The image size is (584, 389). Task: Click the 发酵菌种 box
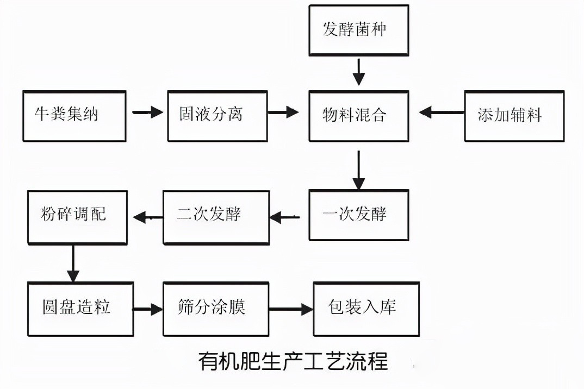point(358,29)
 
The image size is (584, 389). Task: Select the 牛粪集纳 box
point(74,115)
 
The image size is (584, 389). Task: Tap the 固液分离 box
point(218,115)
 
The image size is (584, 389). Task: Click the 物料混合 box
point(358,115)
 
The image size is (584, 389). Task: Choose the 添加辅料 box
point(514,115)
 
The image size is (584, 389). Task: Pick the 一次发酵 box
point(358,215)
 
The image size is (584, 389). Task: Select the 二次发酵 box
point(216,217)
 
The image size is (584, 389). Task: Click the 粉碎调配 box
point(77,216)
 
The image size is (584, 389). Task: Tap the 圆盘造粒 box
point(80,308)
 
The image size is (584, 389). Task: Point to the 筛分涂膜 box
point(216,308)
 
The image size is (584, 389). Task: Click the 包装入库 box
point(366,308)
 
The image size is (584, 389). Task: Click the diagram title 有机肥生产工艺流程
point(293,361)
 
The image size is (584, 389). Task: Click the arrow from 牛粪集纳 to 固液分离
point(147,112)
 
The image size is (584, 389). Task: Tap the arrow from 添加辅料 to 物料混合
point(441,112)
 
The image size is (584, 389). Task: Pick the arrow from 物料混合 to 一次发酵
point(358,170)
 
